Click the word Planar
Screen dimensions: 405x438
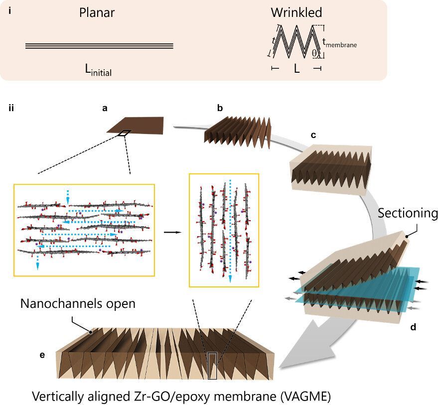pos(97,13)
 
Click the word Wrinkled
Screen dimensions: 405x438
pos(296,12)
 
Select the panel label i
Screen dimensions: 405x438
pos(10,9)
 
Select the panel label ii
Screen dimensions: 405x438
pos(11,107)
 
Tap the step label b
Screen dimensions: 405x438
pos(220,107)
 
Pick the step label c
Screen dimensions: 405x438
pos(313,135)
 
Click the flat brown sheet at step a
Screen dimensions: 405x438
pos(137,125)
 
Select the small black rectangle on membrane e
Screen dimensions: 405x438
pos(212,365)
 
